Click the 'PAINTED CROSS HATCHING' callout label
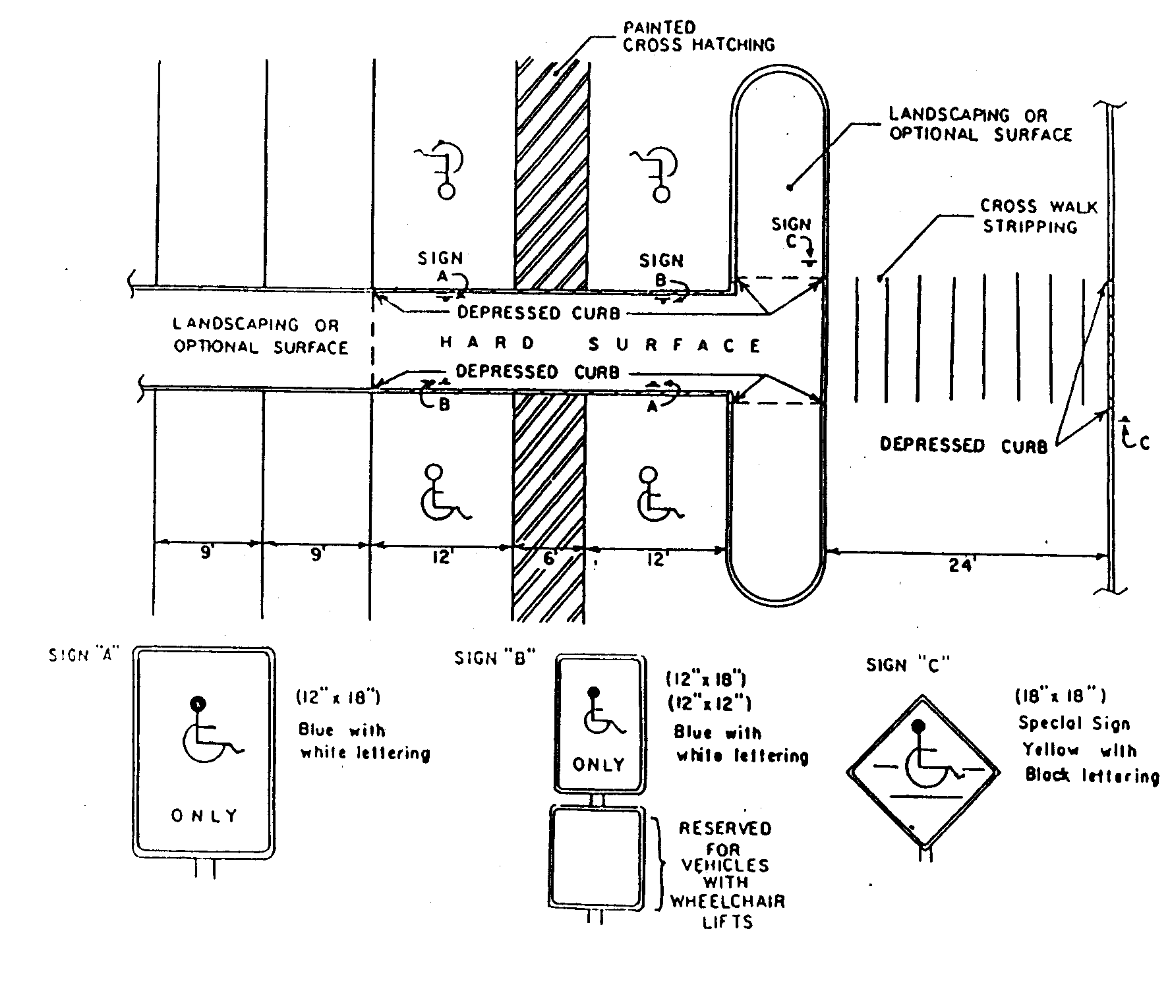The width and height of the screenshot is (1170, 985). pyautogui.click(x=699, y=36)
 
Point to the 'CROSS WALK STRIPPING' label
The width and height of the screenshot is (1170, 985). pyautogui.click(x=1039, y=217)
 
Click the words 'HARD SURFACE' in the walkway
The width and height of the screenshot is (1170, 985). pyautogui.click(x=600, y=344)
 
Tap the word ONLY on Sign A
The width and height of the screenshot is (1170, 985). pyautogui.click(x=204, y=816)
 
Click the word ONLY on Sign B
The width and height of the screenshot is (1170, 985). pyautogui.click(x=599, y=764)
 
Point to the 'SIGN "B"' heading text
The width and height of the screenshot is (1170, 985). pyautogui.click(x=494, y=658)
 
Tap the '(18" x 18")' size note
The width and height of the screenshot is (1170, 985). pyautogui.click(x=1060, y=696)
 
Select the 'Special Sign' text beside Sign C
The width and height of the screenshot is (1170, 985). pyautogui.click(x=1074, y=723)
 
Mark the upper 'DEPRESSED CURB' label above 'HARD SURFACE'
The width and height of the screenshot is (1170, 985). pyautogui.click(x=539, y=312)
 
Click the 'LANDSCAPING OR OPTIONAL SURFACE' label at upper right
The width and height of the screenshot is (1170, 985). pyautogui.click(x=981, y=125)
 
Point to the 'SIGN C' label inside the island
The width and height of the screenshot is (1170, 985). pyautogui.click(x=791, y=232)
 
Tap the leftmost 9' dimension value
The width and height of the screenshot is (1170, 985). pyautogui.click(x=206, y=553)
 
